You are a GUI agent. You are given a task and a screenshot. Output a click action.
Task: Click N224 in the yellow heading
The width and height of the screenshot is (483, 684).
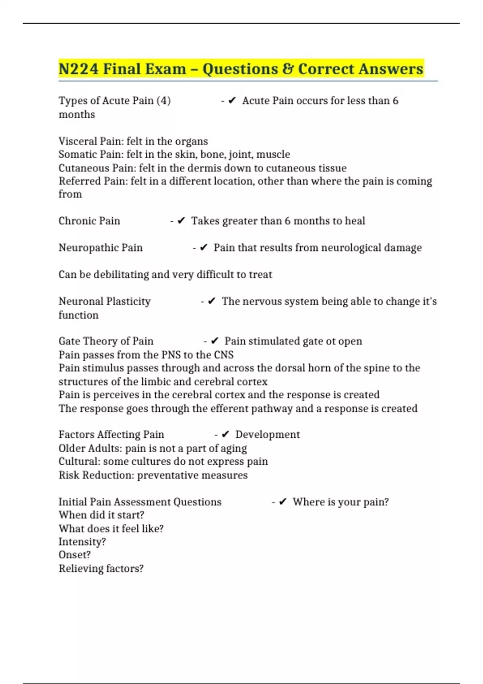78,69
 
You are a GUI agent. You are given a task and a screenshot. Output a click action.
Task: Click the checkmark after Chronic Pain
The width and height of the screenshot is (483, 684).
181,220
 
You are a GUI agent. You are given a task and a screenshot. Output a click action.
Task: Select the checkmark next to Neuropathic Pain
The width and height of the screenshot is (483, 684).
204,247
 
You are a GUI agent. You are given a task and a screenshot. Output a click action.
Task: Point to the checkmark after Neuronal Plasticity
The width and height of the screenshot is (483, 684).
212,301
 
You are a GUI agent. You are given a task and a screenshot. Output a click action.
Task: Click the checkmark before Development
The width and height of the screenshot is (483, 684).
225,435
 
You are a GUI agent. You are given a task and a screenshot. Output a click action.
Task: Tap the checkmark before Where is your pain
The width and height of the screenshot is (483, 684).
283,502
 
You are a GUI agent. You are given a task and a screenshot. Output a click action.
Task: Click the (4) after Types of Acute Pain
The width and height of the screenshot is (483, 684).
163,101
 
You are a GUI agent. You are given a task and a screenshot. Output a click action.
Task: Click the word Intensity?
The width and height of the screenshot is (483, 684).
82,542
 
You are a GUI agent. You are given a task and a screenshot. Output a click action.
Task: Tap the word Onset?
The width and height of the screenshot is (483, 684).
74,555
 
